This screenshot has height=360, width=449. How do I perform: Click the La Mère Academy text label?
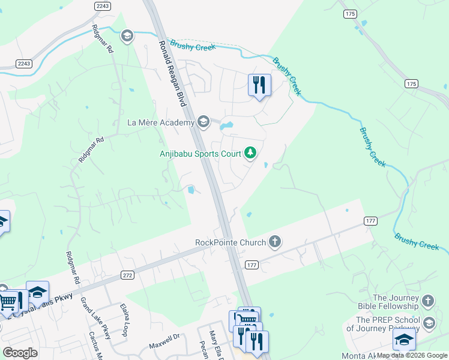click(161, 122)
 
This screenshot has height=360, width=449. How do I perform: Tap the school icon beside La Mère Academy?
click(203, 122)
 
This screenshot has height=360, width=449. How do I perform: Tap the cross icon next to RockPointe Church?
click(275, 242)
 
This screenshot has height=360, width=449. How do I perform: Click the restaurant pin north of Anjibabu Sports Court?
click(259, 85)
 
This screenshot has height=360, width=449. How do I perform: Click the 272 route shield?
click(127, 275)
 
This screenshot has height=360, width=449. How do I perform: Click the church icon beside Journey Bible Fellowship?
click(428, 301)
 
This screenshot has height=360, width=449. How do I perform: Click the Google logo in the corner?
click(20, 353)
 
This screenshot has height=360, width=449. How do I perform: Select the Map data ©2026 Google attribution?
click(412, 356)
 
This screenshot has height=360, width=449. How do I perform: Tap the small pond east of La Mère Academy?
click(226, 127)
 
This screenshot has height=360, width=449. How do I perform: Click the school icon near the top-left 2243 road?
click(127, 37)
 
